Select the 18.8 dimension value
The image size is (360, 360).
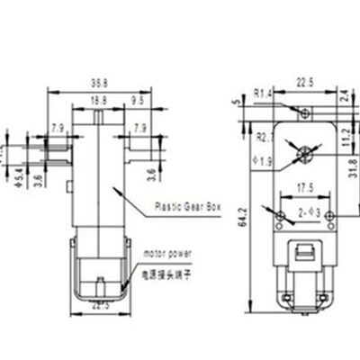(98, 99)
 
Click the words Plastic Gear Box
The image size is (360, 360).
(185, 203)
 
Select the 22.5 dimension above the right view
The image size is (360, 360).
(305, 83)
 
